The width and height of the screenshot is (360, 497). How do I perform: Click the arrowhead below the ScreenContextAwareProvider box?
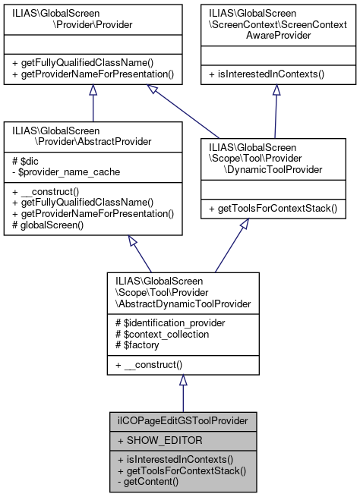point(276,90)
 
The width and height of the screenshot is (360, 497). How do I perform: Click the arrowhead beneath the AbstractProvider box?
point(134,241)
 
